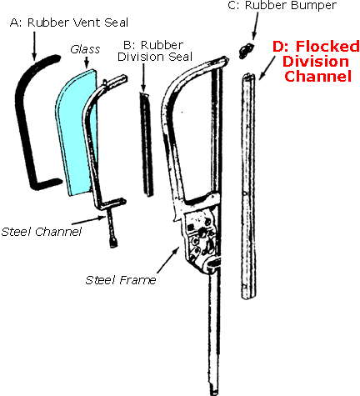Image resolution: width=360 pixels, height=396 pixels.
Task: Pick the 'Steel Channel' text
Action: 42,231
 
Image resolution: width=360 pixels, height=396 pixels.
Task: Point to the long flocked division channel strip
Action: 248,183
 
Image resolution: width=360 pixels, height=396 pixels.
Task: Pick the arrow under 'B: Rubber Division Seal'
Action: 144,78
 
